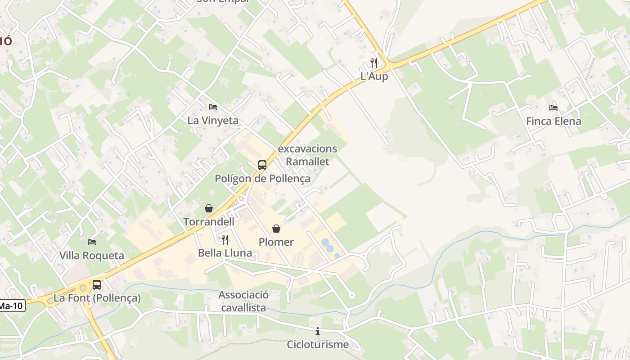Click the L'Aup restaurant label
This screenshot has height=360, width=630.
(x=374, y=76)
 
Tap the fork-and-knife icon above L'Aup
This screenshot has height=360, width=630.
(x=374, y=63)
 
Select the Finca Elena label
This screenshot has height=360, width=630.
(x=553, y=121)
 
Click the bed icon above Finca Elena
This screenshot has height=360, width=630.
(x=553, y=108)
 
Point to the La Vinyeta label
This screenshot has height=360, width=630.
(x=213, y=121)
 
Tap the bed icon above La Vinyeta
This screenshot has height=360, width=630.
(x=213, y=107)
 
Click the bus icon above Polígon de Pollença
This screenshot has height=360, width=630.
(x=262, y=165)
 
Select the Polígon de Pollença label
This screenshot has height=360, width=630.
(x=262, y=179)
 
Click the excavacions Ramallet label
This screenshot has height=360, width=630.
(x=308, y=155)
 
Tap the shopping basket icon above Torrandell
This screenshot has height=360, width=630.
(x=209, y=208)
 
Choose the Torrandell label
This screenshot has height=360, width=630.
(x=209, y=222)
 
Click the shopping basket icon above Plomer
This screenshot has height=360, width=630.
(x=276, y=229)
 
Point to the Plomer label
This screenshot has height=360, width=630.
(x=276, y=242)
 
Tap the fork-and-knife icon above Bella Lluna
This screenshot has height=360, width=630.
(x=225, y=239)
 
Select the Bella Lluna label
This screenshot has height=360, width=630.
(x=225, y=253)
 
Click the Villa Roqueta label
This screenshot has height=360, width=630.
(x=92, y=256)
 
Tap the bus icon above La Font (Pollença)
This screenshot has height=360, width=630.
(x=97, y=284)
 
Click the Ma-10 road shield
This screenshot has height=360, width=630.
(x=11, y=306)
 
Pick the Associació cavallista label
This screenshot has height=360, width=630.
(x=243, y=301)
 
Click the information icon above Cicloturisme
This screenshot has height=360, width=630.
(x=318, y=331)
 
